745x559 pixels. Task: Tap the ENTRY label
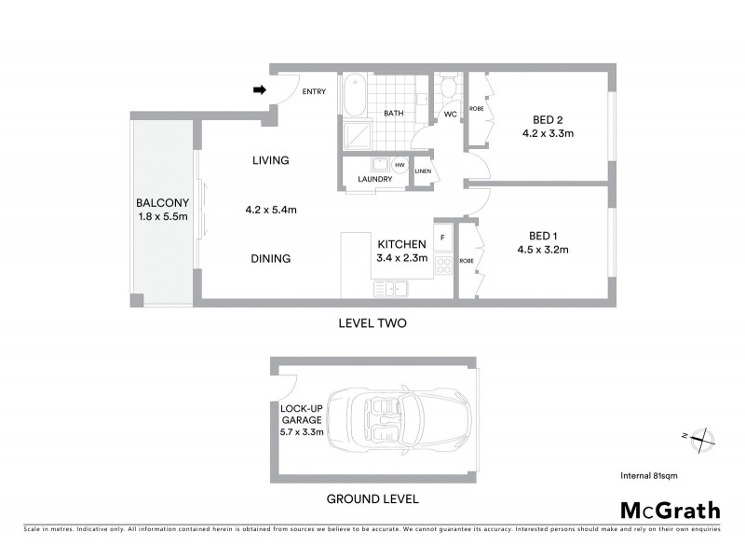click(313, 90)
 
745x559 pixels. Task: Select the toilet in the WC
click(448, 90)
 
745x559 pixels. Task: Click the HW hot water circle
click(400, 165)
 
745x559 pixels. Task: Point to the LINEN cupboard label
click(423, 170)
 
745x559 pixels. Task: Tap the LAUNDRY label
click(362, 179)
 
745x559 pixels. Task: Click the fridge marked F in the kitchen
click(443, 238)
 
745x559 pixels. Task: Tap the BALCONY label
click(163, 203)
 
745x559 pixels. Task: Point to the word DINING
click(271, 259)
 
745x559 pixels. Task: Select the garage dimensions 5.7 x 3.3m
click(302, 432)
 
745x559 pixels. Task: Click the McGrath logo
click(670, 510)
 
